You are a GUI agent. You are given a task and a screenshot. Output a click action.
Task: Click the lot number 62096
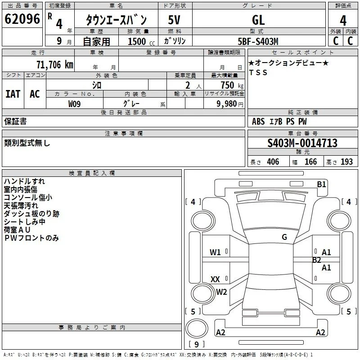click(x=22, y=19)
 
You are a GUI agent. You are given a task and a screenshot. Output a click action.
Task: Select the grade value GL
click(x=258, y=20)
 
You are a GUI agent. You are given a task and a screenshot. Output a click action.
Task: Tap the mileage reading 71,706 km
click(x=55, y=65)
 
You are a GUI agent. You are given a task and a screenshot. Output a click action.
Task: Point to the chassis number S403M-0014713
click(x=302, y=143)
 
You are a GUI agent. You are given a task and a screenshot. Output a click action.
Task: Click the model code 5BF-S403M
click(x=258, y=41)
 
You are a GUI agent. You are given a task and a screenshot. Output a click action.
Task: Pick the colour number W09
click(x=74, y=104)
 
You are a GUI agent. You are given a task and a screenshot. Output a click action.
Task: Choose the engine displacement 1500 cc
click(x=141, y=41)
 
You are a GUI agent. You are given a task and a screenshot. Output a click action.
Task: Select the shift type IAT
click(x=13, y=94)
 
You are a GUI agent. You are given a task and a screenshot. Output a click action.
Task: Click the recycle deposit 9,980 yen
click(x=230, y=104)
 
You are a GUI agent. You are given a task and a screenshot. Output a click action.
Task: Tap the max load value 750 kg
click(x=232, y=85)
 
